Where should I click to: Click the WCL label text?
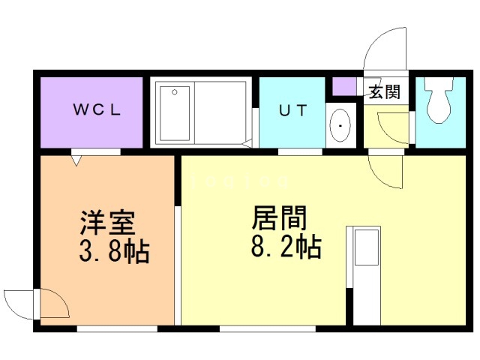click(97, 109)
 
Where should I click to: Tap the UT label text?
click(292, 110)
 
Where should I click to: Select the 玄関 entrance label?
click(385, 91)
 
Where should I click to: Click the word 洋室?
click(107, 223)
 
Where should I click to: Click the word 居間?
click(279, 217)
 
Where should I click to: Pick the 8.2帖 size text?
click(286, 247)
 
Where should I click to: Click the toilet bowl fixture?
click(439, 100)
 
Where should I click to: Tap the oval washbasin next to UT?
click(340, 125)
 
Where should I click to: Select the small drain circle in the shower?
click(175, 91)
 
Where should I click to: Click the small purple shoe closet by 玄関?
click(344, 87)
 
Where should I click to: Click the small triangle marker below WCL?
click(76, 160)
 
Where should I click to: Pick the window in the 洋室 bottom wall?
click(117, 328)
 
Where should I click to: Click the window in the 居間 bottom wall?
click(268, 328)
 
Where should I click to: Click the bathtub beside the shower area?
click(220, 112)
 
